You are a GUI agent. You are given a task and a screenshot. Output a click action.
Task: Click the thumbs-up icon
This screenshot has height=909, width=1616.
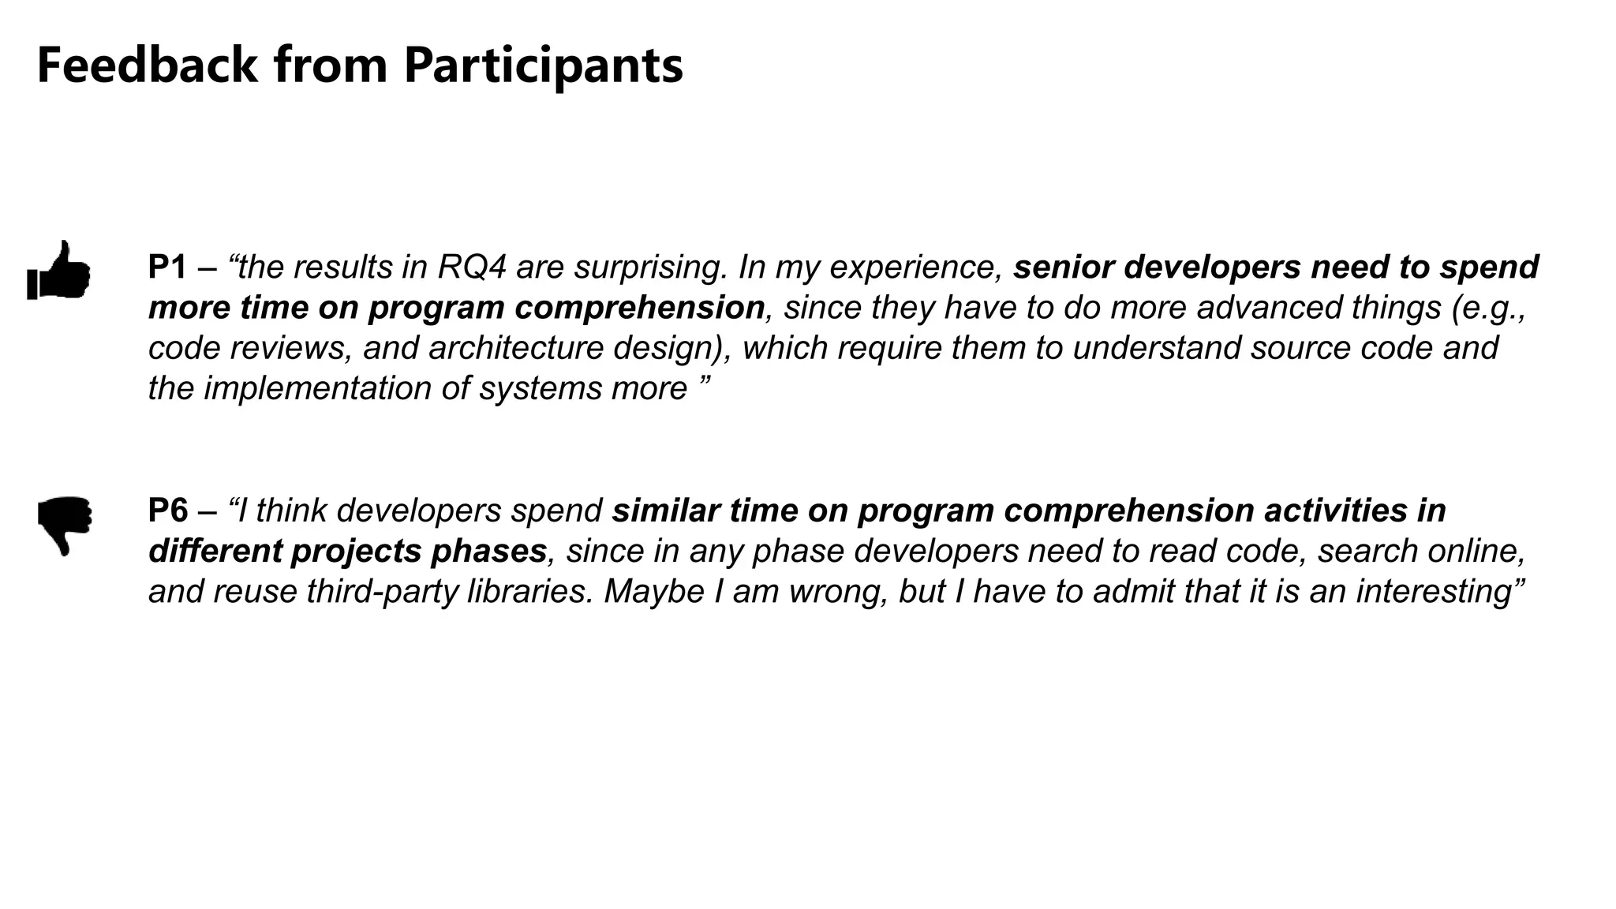pyautogui.click(x=59, y=270)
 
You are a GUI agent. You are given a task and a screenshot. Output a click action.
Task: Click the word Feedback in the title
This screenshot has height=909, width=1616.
pyautogui.click(x=147, y=65)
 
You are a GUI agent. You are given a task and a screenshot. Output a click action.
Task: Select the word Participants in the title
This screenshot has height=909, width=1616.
pyautogui.click(x=543, y=65)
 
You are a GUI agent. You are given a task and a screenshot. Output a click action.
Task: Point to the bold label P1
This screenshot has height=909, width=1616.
pyautogui.click(x=167, y=267)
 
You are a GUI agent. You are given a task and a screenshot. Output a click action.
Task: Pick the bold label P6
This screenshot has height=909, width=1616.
pyautogui.click(x=167, y=511)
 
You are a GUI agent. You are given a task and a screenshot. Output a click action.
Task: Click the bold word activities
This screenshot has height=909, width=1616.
pyautogui.click(x=1339, y=511)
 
